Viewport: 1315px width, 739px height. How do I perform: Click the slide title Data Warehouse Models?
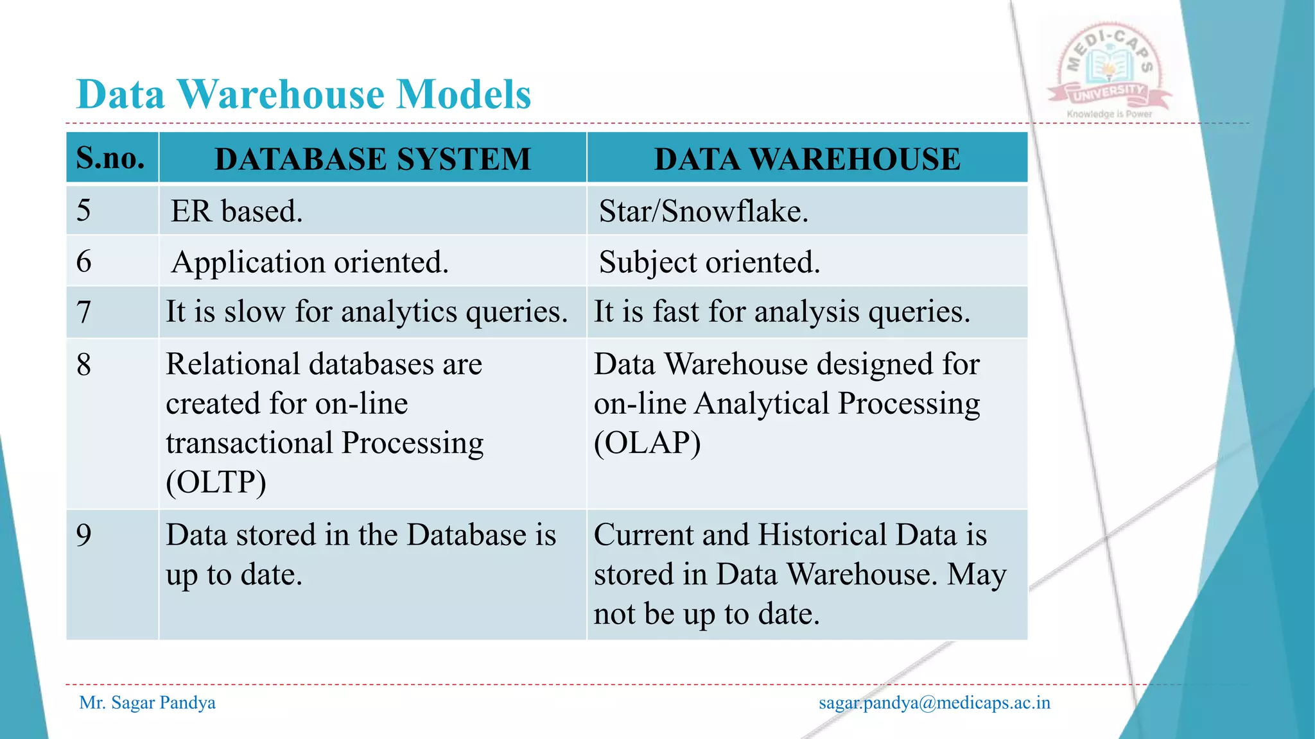pos(304,95)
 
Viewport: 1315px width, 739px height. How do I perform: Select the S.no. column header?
pos(110,158)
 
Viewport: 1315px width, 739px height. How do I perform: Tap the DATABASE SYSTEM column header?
pos(372,159)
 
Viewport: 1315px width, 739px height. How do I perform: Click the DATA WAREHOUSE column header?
pos(807,159)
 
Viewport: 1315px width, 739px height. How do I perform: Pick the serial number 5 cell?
pos(84,210)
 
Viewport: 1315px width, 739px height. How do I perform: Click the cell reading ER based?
pos(236,211)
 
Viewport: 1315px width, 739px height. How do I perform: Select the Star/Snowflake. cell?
pos(703,211)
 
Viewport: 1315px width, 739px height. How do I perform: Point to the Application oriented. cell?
pos(309,262)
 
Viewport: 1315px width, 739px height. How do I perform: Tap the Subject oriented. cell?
pos(709,262)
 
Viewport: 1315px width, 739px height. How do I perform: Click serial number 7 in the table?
pos(84,312)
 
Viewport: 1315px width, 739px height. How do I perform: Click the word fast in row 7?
pos(675,312)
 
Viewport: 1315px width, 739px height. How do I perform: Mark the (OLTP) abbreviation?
pos(216,482)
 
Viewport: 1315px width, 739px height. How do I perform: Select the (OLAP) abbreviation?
pos(647,443)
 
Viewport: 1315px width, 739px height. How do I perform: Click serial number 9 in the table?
pos(84,535)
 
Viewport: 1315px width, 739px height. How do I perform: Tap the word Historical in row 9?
pos(822,535)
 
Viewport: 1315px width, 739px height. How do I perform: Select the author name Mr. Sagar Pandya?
pos(147,703)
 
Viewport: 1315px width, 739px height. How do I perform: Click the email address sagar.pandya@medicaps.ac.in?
pos(934,703)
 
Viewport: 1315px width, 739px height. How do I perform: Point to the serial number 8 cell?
pos(84,364)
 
